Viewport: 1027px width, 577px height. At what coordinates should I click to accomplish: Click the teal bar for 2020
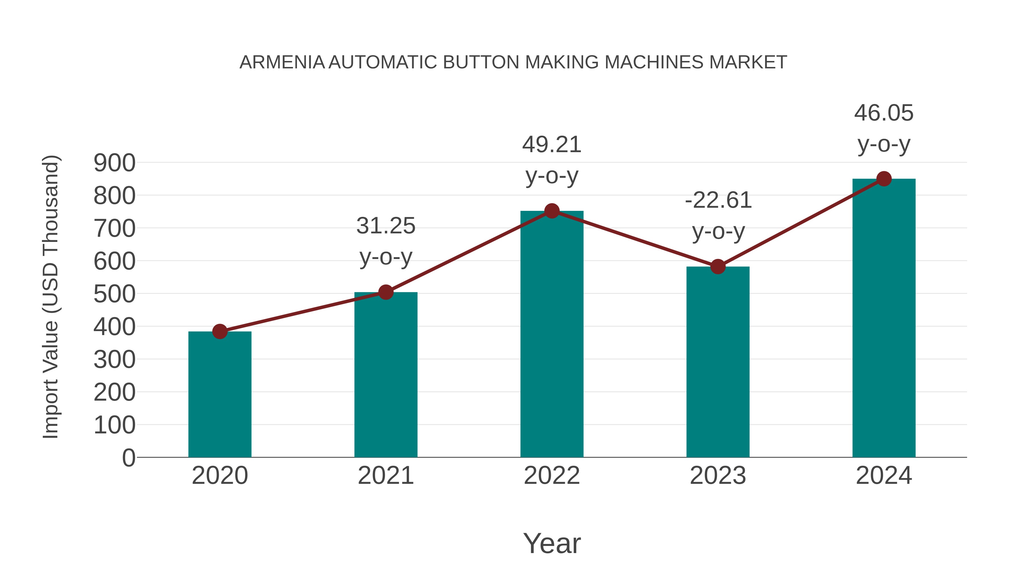[220, 394]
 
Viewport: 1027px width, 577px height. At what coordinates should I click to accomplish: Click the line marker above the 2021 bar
[385, 292]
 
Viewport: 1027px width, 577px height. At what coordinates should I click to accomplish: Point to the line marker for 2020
[220, 331]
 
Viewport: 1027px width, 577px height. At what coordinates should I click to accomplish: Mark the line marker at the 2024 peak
[884, 179]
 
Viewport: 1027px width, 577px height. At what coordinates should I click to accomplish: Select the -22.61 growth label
[718, 215]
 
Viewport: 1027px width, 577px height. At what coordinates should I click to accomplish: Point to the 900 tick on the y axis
[114, 163]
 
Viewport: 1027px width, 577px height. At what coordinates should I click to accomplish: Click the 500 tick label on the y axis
[114, 294]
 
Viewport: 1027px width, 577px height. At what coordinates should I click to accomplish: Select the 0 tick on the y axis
[129, 458]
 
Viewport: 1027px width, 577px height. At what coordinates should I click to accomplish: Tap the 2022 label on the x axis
[552, 476]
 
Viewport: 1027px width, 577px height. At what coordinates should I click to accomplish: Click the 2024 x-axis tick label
[884, 476]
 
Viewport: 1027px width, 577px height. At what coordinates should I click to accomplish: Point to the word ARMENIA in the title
[282, 62]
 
